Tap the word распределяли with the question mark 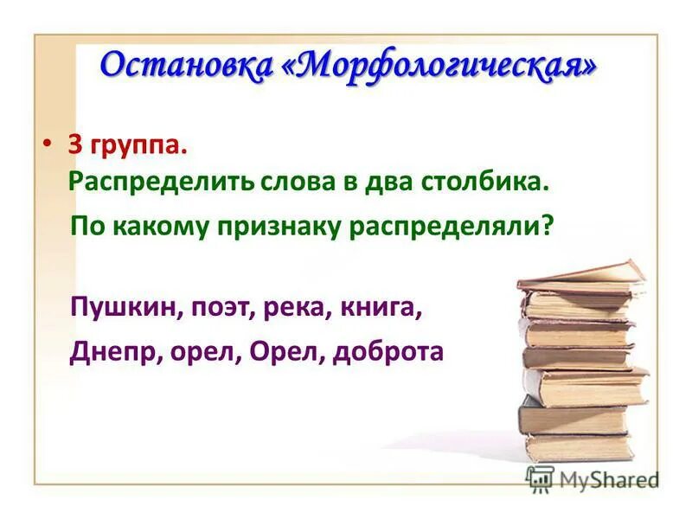pos(452,227)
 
